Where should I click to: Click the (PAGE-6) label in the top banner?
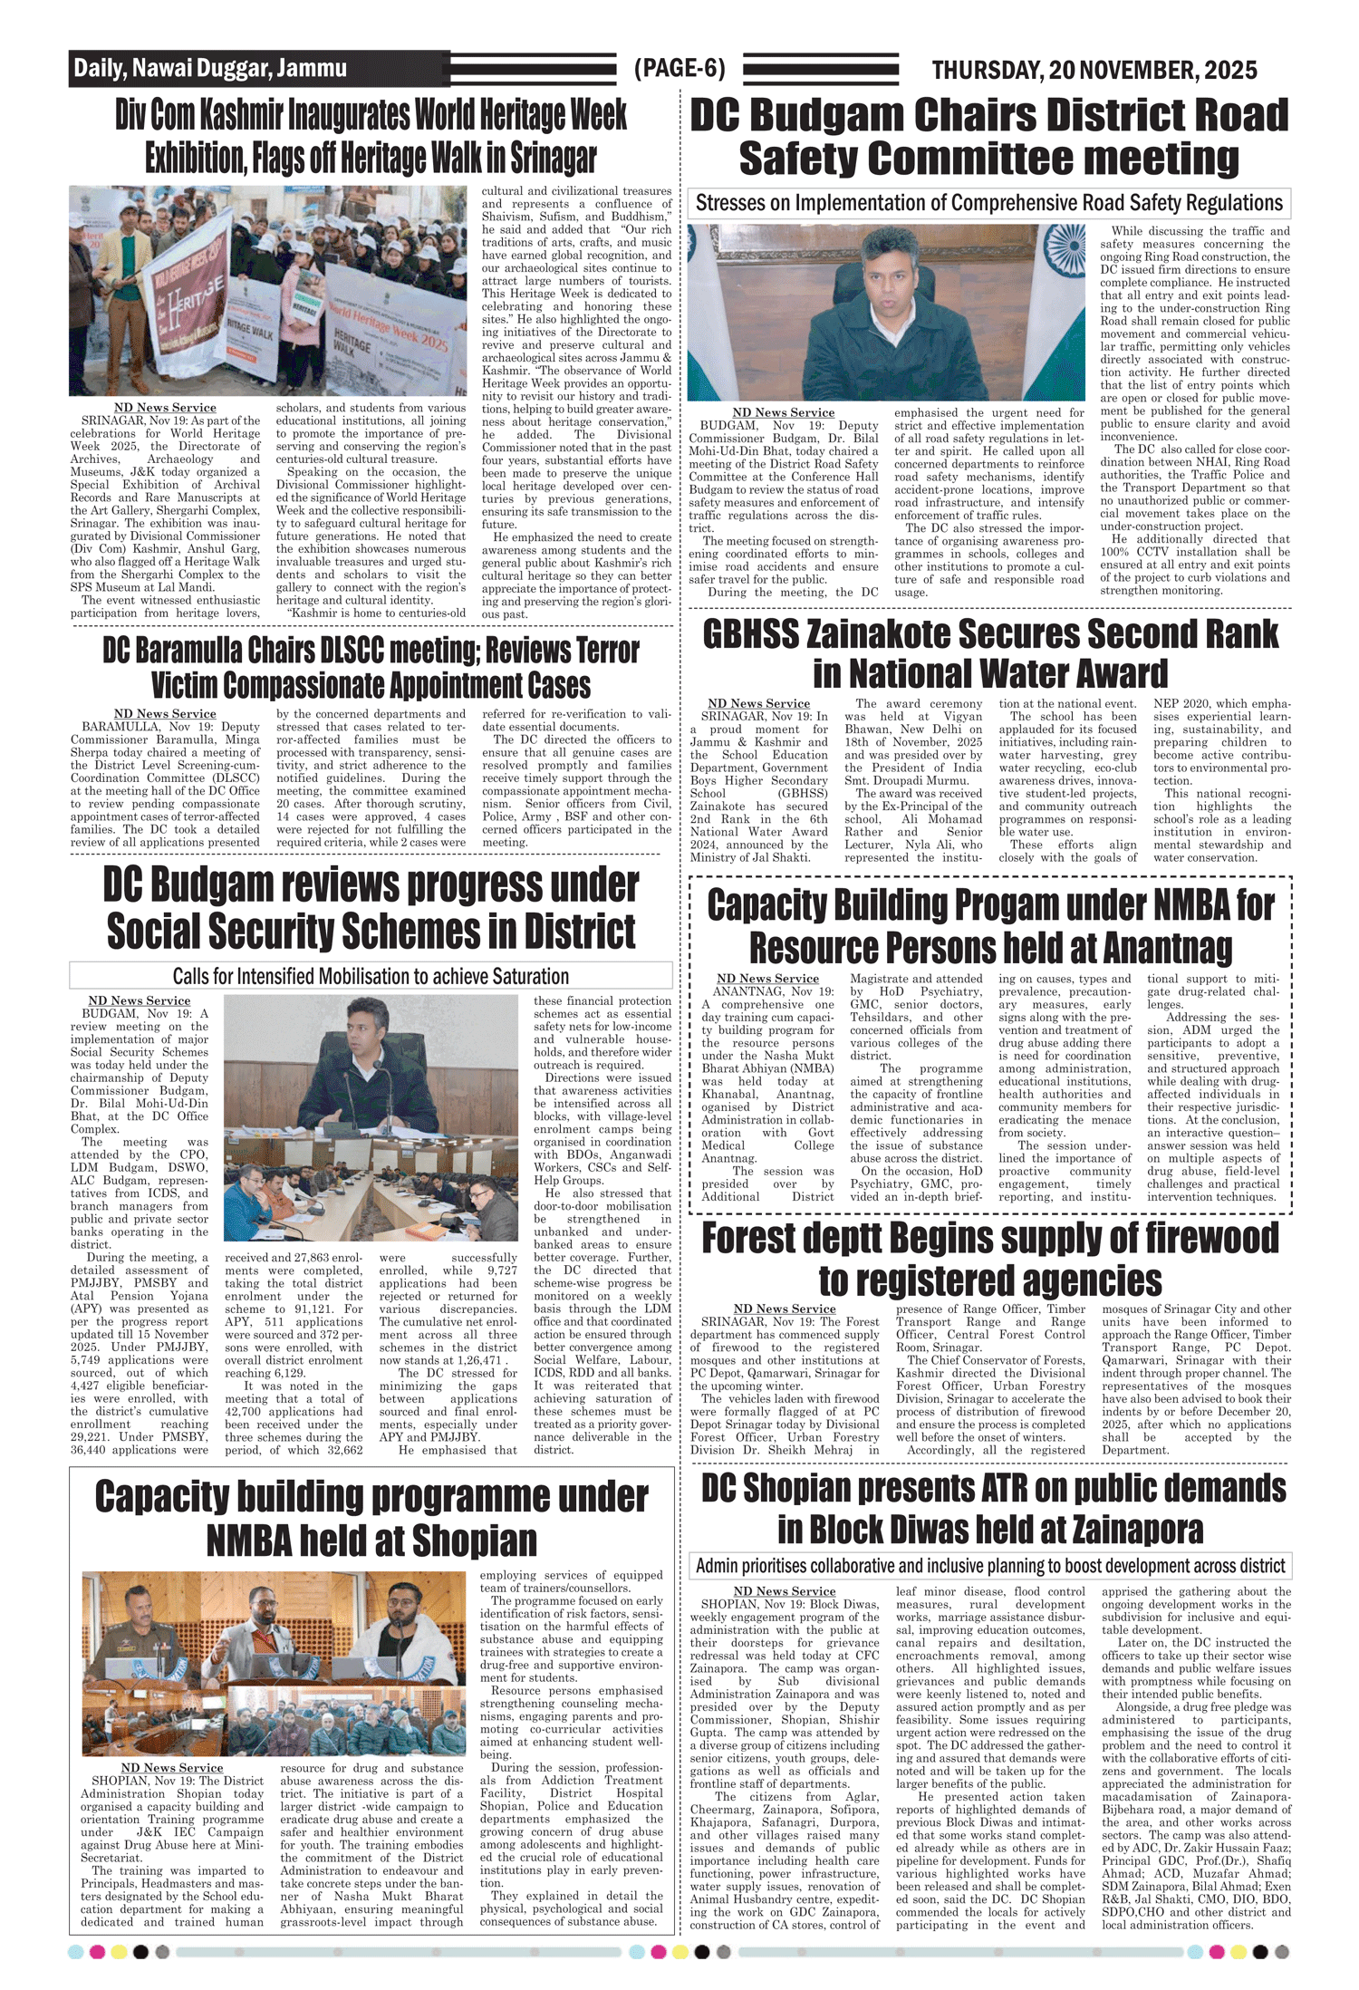pos(679,69)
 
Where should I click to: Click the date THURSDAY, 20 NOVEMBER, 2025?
pos(1094,70)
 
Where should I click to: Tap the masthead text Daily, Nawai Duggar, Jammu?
pos(210,69)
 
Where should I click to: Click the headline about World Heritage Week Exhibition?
pos(371,137)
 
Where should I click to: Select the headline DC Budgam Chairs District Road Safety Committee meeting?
pos(989,137)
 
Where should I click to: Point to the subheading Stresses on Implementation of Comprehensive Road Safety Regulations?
pos(989,203)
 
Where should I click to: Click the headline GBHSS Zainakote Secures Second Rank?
pos(990,653)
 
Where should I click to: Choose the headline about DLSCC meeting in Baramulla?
pos(371,668)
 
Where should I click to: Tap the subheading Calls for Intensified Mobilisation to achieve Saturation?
pos(371,976)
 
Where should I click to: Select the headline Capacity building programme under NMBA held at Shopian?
pos(371,1519)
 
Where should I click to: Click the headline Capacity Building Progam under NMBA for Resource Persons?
pos(990,926)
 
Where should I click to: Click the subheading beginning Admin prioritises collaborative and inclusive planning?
pos(990,1566)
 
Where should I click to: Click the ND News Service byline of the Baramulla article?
pos(165,714)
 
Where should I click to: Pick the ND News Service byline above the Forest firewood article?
pos(785,1309)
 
